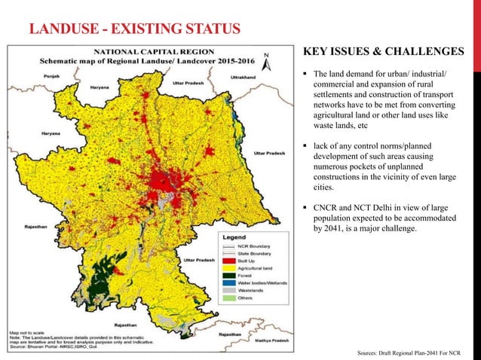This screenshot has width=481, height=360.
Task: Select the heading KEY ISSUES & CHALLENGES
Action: tap(383, 52)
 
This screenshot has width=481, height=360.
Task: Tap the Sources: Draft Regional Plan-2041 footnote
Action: tap(412, 352)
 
